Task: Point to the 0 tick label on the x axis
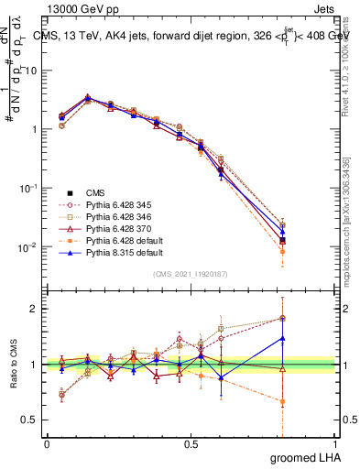(x=47, y=442)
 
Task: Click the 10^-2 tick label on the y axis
(x=27, y=247)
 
